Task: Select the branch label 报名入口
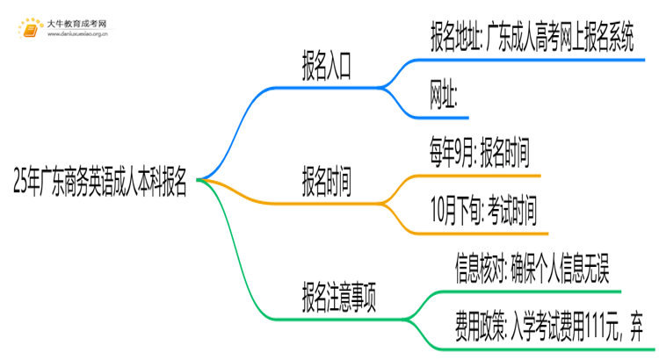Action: pyautogui.click(x=327, y=71)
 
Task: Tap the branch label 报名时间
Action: pyautogui.click(x=327, y=182)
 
